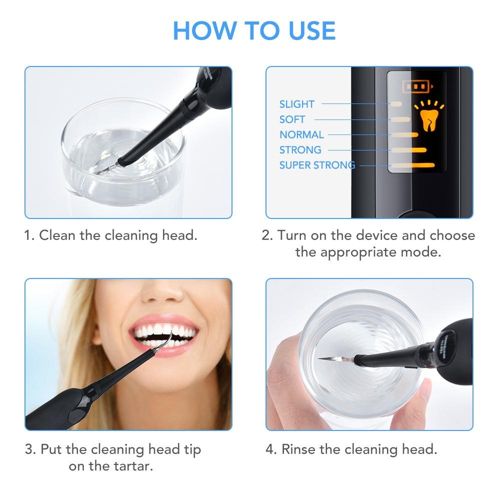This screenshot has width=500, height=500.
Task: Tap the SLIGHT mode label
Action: (x=296, y=104)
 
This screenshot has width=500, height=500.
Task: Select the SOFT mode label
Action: (x=292, y=119)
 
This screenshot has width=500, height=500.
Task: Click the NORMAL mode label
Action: (x=301, y=134)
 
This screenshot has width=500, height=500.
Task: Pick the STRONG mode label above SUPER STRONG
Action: (x=300, y=150)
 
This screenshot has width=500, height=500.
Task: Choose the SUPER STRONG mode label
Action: (x=317, y=165)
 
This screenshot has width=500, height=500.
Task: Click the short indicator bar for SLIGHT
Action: (x=396, y=104)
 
